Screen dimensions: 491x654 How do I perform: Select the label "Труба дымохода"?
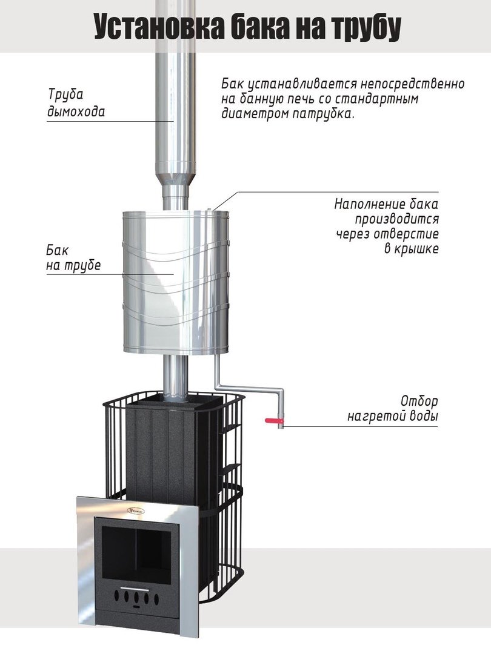click(x=76, y=102)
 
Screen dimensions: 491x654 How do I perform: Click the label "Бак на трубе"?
click(x=73, y=258)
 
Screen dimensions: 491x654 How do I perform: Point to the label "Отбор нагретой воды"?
click(x=392, y=408)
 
